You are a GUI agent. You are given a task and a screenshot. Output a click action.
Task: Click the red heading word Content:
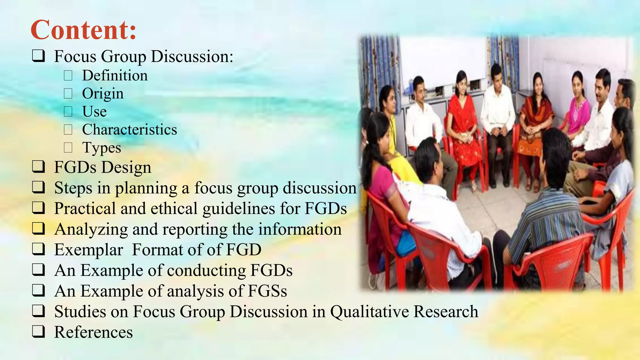[84, 30]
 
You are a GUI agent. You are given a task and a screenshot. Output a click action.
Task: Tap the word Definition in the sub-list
[115, 76]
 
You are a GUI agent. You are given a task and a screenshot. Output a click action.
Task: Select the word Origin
[103, 94]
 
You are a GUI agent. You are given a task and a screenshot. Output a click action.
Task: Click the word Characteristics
[129, 130]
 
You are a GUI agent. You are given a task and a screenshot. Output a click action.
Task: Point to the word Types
[102, 148]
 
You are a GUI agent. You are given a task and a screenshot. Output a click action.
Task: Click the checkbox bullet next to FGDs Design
[38, 167]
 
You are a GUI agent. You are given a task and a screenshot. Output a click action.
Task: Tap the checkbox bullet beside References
[38, 332]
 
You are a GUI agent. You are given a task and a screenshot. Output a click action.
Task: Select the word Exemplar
[89, 250]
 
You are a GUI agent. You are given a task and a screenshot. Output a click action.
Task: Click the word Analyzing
[91, 229]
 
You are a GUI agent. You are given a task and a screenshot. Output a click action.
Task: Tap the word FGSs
[267, 291]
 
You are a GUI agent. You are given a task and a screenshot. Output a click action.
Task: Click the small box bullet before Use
[68, 112]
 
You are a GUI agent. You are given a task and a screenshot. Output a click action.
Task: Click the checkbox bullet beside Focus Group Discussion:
[38, 56]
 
